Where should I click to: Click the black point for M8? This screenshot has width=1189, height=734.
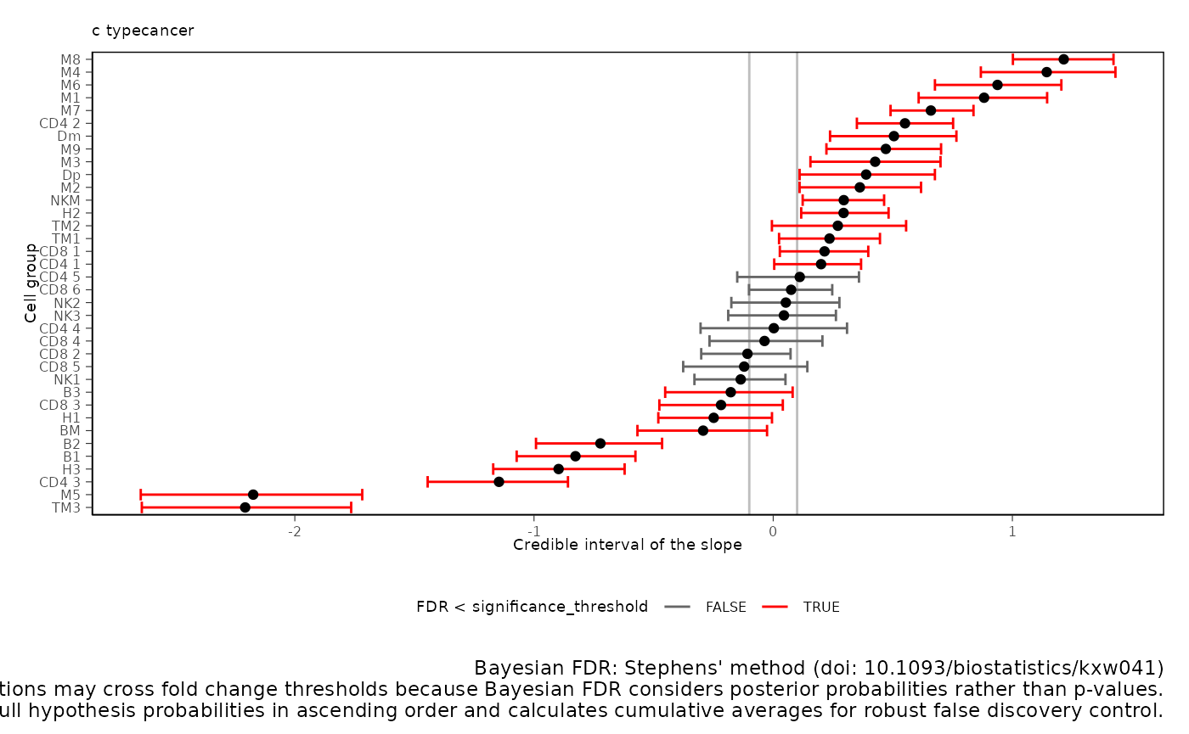1063,59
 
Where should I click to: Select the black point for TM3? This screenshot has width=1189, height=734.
245,507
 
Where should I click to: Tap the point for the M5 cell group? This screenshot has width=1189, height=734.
253,495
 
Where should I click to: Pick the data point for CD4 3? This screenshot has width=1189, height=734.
499,482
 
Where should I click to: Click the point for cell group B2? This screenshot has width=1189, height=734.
600,443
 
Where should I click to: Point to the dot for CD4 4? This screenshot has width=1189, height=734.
774,328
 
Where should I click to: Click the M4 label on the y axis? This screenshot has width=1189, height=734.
70,72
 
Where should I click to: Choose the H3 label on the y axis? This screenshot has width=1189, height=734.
70,469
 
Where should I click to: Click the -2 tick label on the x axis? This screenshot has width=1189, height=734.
294,532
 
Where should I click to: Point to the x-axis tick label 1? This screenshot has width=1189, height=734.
1011,532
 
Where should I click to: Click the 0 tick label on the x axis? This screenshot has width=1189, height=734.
773,532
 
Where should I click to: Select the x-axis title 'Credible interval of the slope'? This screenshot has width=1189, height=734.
628,546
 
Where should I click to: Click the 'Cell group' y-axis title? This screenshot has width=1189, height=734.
31,283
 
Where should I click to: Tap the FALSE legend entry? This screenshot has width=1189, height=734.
725,607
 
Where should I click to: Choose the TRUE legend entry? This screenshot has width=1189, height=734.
820,607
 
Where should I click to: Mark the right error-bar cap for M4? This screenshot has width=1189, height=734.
1115,72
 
